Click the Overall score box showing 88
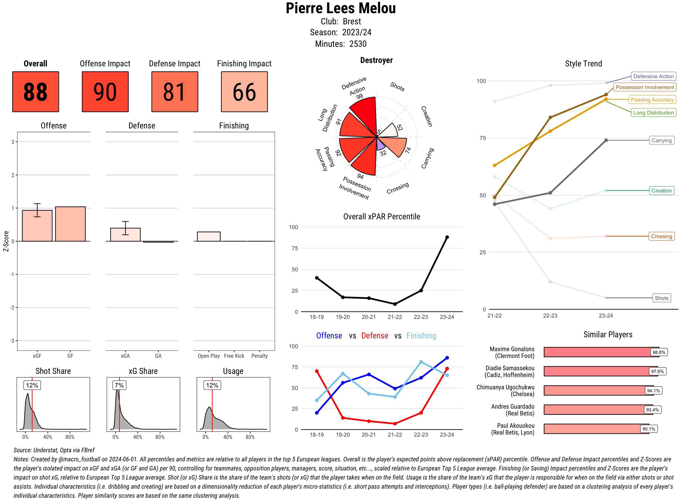35,92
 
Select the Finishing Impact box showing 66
244,92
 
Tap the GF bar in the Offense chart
70,224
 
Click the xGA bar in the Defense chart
125,235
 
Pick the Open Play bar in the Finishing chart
208,236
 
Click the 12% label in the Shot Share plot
32,385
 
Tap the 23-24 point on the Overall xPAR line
447,237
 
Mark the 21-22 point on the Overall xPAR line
395,304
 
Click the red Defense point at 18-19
317,371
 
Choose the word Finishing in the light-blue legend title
421,336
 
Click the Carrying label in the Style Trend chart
661,140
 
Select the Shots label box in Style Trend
661,298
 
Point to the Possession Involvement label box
644,87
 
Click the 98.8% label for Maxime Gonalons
659,352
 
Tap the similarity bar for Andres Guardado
598,410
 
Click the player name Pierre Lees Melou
341,8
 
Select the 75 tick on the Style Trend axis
483,138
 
